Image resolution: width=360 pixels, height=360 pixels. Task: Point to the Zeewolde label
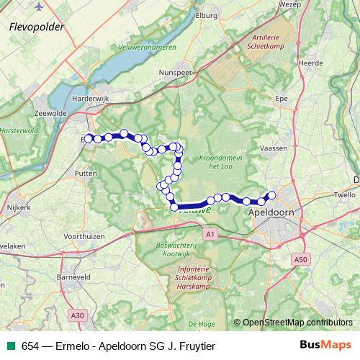50,114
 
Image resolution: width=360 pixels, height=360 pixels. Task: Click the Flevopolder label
37,27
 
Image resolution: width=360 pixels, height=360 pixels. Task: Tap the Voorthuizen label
85,235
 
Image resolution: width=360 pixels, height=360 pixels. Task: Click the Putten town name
85,174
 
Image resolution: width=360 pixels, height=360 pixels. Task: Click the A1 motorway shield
210,234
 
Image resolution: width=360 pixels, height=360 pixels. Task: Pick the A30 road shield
77,315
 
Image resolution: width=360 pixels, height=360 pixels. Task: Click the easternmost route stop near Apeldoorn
271,195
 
